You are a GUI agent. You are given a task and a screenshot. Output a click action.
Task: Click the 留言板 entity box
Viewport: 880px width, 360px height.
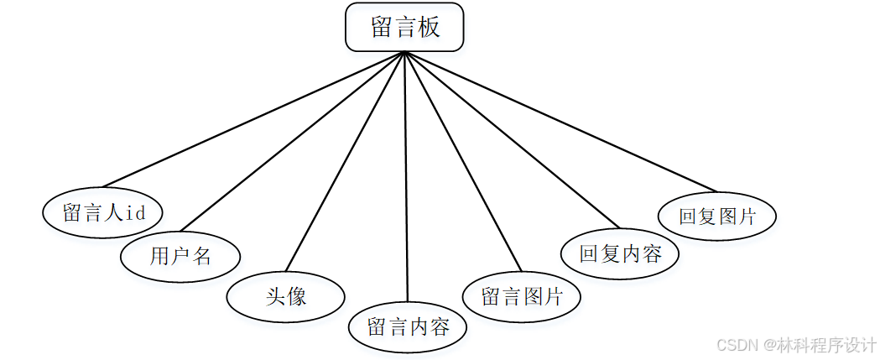click(404, 28)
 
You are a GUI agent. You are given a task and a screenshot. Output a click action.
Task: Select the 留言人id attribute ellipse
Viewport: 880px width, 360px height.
click(103, 211)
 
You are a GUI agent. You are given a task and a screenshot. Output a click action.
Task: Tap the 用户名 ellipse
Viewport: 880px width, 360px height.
click(180, 256)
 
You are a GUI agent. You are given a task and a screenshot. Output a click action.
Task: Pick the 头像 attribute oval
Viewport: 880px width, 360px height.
click(286, 296)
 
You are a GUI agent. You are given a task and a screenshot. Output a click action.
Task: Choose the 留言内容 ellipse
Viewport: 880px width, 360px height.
click(409, 326)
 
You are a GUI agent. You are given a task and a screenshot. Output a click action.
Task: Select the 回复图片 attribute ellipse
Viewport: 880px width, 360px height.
click(717, 216)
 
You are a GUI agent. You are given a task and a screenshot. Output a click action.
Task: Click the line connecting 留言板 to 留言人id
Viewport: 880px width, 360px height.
click(252, 119)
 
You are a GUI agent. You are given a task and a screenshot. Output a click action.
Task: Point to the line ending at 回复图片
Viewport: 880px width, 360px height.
click(562, 123)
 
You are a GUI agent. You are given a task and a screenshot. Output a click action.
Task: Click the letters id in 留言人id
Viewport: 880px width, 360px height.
click(136, 212)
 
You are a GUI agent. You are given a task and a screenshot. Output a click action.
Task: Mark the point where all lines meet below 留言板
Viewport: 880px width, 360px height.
click(405, 53)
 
